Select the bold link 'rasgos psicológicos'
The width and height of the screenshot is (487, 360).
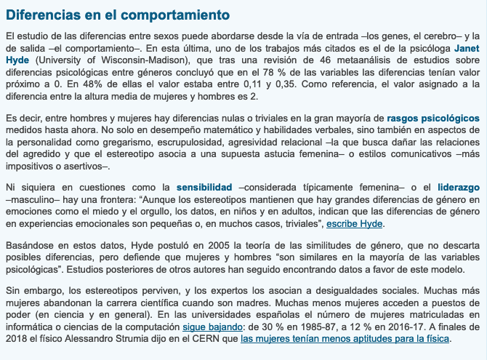[x=433, y=117]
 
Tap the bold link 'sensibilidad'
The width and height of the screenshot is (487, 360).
[x=204, y=187]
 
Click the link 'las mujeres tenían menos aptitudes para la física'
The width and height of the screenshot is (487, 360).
[x=345, y=340]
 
